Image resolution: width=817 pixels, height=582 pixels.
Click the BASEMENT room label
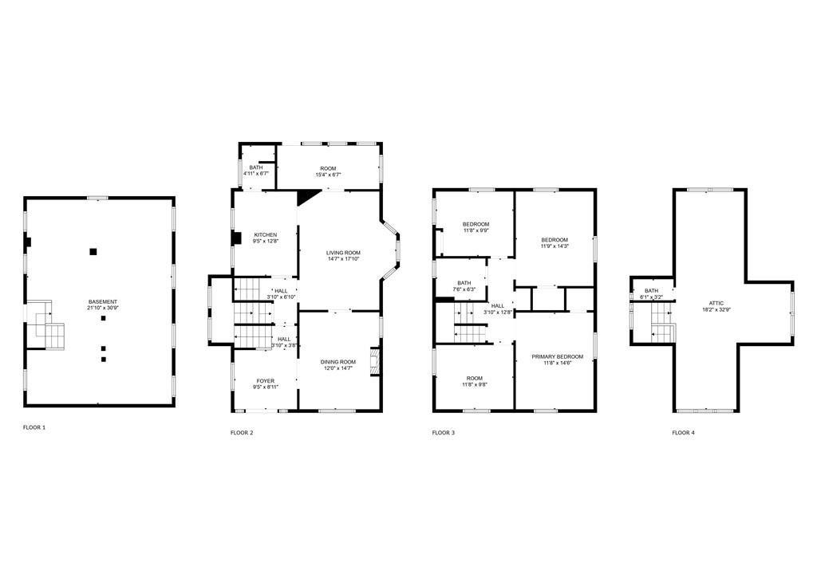[103, 302]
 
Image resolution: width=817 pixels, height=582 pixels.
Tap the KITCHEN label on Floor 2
[265, 235]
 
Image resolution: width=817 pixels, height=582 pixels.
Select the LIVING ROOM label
[343, 253]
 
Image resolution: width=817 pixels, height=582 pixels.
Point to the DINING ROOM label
[338, 362]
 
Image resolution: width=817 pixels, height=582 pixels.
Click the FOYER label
[265, 381]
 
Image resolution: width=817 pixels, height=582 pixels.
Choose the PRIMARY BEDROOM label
[558, 356]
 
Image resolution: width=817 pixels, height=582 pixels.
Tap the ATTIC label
[716, 303]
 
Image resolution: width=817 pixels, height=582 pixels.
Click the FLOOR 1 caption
[34, 427]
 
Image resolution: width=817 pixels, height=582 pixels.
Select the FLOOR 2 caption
[242, 433]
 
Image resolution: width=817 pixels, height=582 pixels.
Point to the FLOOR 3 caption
[444, 433]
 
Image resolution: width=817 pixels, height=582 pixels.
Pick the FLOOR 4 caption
[683, 433]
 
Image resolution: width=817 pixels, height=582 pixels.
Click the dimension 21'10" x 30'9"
[103, 309]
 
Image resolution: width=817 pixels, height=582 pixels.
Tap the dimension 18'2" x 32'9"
[716, 309]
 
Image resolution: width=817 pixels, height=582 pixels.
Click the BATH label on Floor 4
[651, 291]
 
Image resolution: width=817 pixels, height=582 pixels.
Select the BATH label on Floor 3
[464, 283]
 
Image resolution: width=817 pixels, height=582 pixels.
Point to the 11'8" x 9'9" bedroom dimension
[476, 230]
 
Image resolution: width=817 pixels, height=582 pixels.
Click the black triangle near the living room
[307, 196]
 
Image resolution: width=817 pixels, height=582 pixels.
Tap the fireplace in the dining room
[374, 361]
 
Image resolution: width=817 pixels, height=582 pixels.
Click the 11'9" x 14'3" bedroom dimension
[555, 246]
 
